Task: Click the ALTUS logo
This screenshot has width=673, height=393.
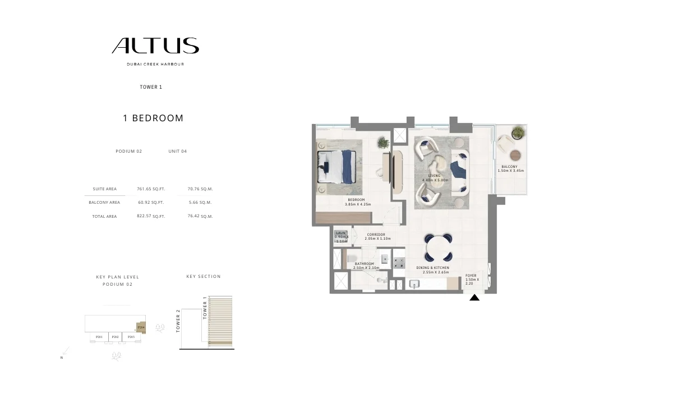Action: point(155,45)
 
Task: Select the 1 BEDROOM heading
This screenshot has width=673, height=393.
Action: point(153,118)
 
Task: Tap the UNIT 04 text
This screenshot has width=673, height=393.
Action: point(177,151)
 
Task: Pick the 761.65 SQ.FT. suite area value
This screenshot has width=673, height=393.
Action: point(150,189)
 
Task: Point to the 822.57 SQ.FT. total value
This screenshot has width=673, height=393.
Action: point(150,216)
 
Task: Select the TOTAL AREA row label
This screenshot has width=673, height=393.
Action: point(104,216)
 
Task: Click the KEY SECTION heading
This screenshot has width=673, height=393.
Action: point(203,276)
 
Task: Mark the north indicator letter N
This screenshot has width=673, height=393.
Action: point(61,358)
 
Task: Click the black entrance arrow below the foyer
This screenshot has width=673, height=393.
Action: point(474,298)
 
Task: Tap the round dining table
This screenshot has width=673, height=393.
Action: point(439,248)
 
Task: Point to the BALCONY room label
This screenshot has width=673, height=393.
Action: point(509,167)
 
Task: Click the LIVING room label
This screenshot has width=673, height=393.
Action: point(434,176)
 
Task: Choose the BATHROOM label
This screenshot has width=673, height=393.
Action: point(364,264)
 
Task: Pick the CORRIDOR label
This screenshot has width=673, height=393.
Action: point(376,235)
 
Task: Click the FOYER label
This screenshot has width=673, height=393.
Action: point(471,276)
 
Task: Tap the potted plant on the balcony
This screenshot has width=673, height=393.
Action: point(518,133)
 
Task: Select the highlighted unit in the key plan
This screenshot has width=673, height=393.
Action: point(141,327)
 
